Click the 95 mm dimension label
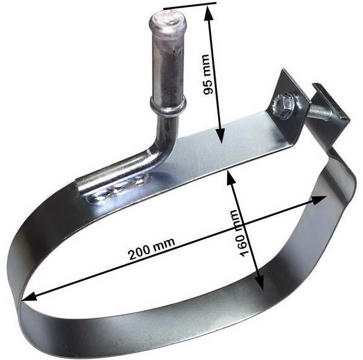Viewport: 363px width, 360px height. pyautogui.click(x=208, y=78)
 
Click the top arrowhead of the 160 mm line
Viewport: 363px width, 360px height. pyautogui.click(x=228, y=176)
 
